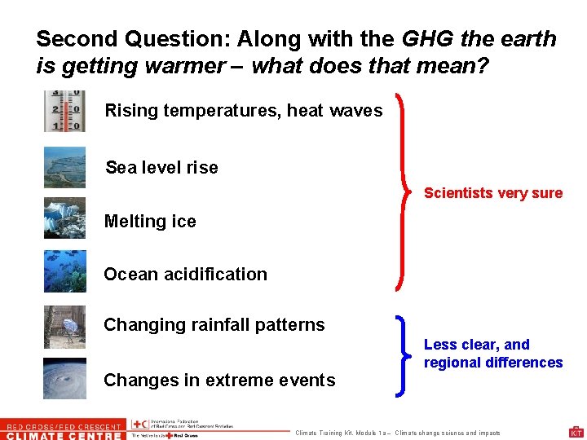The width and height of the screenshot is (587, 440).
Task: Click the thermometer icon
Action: click(64, 112)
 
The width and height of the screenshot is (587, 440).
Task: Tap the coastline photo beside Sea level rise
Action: click(64, 167)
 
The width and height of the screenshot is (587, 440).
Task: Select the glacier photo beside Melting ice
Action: click(64, 218)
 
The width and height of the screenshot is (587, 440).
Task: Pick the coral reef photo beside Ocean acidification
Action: click(64, 271)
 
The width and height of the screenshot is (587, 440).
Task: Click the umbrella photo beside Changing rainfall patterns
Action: click(64, 327)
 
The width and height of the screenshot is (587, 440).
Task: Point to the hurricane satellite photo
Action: click(64, 378)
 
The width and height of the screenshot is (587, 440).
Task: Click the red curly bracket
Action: click(403, 192)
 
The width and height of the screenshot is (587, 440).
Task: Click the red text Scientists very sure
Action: click(493, 193)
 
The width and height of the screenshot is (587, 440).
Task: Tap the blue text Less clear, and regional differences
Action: click(492, 354)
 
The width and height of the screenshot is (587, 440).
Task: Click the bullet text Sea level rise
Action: click(161, 168)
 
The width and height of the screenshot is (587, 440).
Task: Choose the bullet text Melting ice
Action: click(150, 222)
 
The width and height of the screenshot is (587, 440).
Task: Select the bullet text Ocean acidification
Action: click(185, 275)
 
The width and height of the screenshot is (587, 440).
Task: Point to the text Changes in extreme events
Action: click(219, 381)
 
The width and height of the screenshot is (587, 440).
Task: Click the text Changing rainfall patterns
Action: click(214, 325)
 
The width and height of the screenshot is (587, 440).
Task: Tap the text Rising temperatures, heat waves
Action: click(243, 111)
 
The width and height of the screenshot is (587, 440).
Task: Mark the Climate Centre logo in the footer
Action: click(63, 429)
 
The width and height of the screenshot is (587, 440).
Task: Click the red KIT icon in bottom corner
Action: click(576, 432)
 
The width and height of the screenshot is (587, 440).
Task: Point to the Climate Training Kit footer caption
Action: click(398, 433)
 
